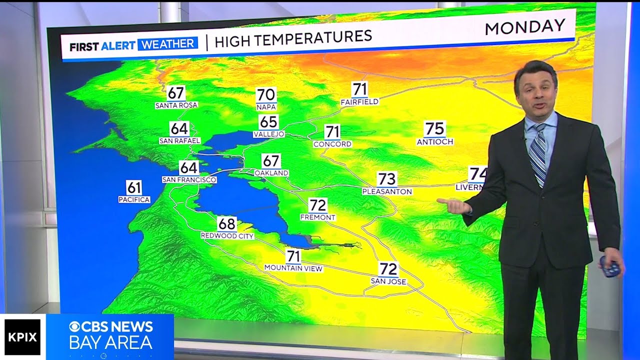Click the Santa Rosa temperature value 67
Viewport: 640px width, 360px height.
point(175,93)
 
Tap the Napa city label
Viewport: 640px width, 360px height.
point(266,107)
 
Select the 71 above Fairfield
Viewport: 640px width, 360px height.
point(359,89)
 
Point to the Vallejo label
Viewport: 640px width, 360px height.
point(268,134)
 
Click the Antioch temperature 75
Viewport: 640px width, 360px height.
point(434,129)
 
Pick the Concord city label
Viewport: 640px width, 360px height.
point(332,144)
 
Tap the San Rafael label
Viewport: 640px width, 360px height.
point(179,141)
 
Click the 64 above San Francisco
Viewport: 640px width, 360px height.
point(189,167)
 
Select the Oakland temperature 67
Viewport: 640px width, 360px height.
point(271,161)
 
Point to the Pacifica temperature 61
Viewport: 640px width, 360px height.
point(134,188)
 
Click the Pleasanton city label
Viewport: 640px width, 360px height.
point(387,191)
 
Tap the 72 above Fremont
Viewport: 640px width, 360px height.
point(318,205)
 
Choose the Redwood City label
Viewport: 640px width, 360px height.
point(227,236)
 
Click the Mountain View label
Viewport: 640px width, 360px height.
point(293,268)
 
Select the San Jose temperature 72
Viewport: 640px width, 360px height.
point(388,269)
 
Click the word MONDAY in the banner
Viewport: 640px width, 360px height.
point(524,27)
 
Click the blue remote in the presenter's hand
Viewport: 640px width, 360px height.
point(610,267)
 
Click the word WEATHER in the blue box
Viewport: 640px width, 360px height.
point(168,44)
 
